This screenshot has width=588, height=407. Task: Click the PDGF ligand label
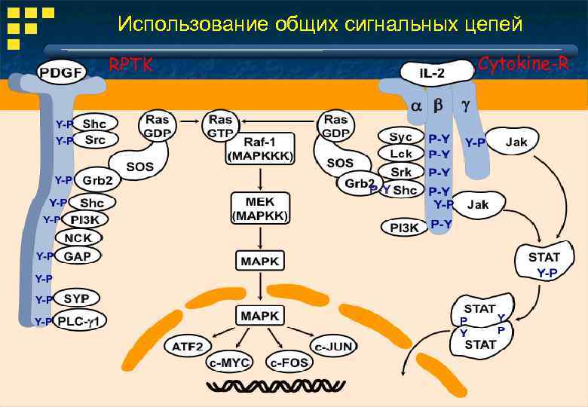point(62,72)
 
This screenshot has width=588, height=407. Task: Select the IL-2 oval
point(432,72)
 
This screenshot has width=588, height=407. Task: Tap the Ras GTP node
point(221,125)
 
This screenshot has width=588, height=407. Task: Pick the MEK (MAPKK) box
point(259,208)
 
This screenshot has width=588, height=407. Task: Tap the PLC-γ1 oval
point(84,321)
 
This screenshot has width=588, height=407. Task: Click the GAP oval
point(78,256)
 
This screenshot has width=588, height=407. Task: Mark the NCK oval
point(78,237)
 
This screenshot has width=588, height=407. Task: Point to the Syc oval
point(401,136)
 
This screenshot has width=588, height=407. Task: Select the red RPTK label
point(131,65)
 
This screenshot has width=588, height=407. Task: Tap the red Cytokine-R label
point(523,64)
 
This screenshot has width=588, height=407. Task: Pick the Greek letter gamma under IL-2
point(465,106)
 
